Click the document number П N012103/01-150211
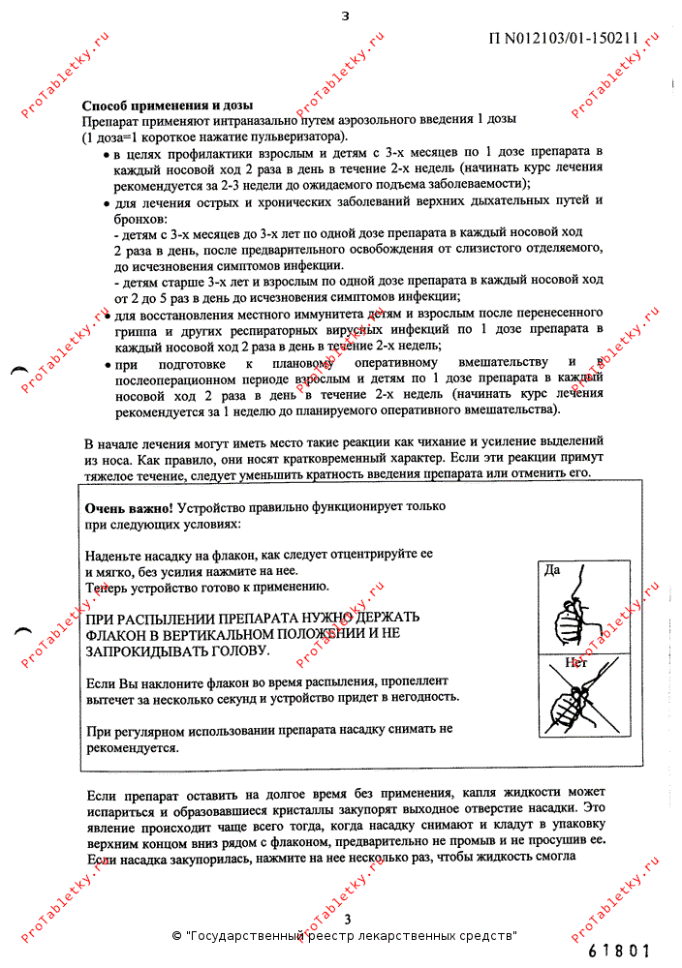(x=563, y=40)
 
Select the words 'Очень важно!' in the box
(x=129, y=507)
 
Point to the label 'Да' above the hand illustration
(x=552, y=569)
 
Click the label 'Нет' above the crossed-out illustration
(x=576, y=663)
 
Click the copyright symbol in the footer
(x=176, y=936)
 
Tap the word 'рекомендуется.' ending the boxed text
(x=132, y=747)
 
